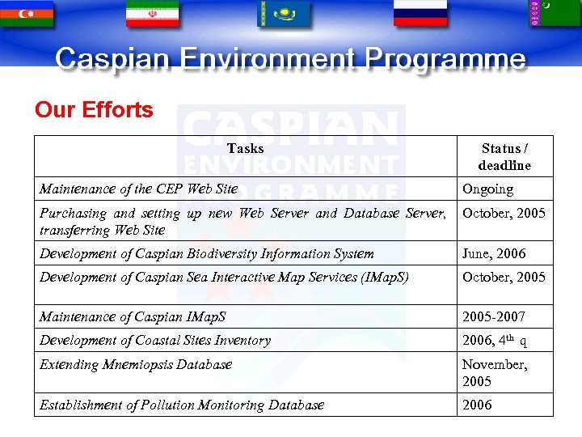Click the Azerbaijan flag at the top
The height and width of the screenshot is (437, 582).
click(27, 13)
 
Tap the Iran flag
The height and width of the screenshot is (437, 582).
click(153, 13)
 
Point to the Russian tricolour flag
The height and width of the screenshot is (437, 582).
click(420, 13)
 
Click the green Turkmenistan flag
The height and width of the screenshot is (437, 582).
click(555, 13)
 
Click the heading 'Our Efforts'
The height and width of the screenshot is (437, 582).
click(94, 110)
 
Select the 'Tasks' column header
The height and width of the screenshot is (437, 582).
click(245, 148)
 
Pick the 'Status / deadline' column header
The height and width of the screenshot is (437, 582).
click(504, 157)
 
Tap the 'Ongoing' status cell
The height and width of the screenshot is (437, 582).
click(487, 189)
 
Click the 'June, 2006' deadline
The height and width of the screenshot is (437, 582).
click(493, 254)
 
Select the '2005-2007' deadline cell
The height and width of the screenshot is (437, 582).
click(493, 316)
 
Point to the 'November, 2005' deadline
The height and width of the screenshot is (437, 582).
click(494, 373)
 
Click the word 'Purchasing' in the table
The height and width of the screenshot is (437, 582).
click(73, 214)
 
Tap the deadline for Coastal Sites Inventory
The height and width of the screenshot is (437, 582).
click(494, 341)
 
